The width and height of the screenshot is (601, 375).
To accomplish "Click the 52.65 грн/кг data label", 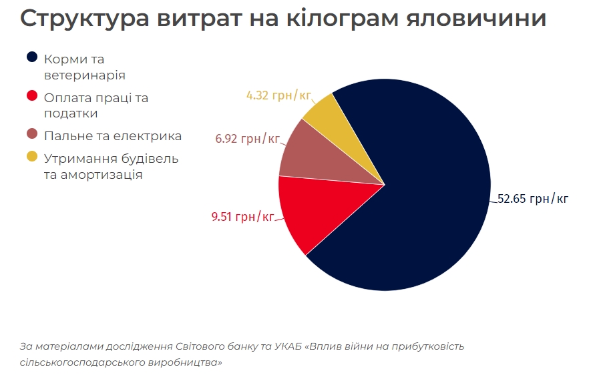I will point(533,199).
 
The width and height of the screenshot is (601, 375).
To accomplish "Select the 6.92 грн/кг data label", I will point(247,139).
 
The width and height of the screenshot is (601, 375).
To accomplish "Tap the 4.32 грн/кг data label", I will point(279,95).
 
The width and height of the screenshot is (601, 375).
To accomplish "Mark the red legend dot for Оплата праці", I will point(31,95).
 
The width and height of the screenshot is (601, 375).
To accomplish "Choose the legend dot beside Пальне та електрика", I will point(31,134).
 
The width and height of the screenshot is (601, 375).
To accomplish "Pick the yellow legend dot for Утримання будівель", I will point(31,157).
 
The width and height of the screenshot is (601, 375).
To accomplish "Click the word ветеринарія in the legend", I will point(84,75).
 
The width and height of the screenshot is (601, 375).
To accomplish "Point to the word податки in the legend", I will point(71,113).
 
